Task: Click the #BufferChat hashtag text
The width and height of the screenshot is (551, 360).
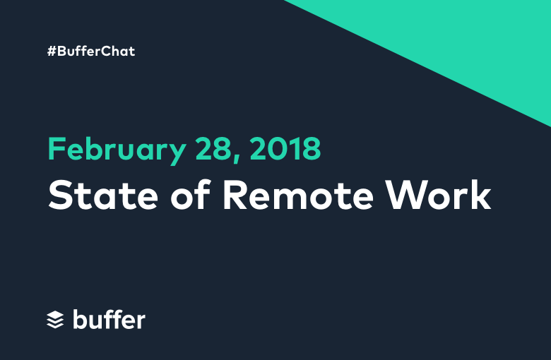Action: (x=91, y=52)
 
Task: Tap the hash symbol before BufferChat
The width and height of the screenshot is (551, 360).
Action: (x=52, y=52)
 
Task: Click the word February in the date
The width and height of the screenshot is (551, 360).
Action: (x=117, y=150)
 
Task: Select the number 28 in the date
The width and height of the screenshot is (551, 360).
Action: (x=213, y=148)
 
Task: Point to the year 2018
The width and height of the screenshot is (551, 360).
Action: (x=285, y=148)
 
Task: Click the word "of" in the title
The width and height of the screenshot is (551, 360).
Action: (x=191, y=195)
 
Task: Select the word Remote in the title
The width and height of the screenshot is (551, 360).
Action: (x=298, y=195)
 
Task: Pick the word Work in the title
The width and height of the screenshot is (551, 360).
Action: (x=438, y=195)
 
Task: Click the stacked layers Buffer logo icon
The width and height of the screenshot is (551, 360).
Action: (x=55, y=320)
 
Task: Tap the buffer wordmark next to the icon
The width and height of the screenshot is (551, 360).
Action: (x=109, y=319)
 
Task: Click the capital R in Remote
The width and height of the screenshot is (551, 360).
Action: (x=235, y=196)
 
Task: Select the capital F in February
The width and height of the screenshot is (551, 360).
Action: (x=57, y=148)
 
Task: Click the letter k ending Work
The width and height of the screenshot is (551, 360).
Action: (x=480, y=195)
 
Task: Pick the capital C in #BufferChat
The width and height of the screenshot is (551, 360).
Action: (x=107, y=52)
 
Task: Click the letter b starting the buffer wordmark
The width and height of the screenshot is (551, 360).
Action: (x=79, y=319)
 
